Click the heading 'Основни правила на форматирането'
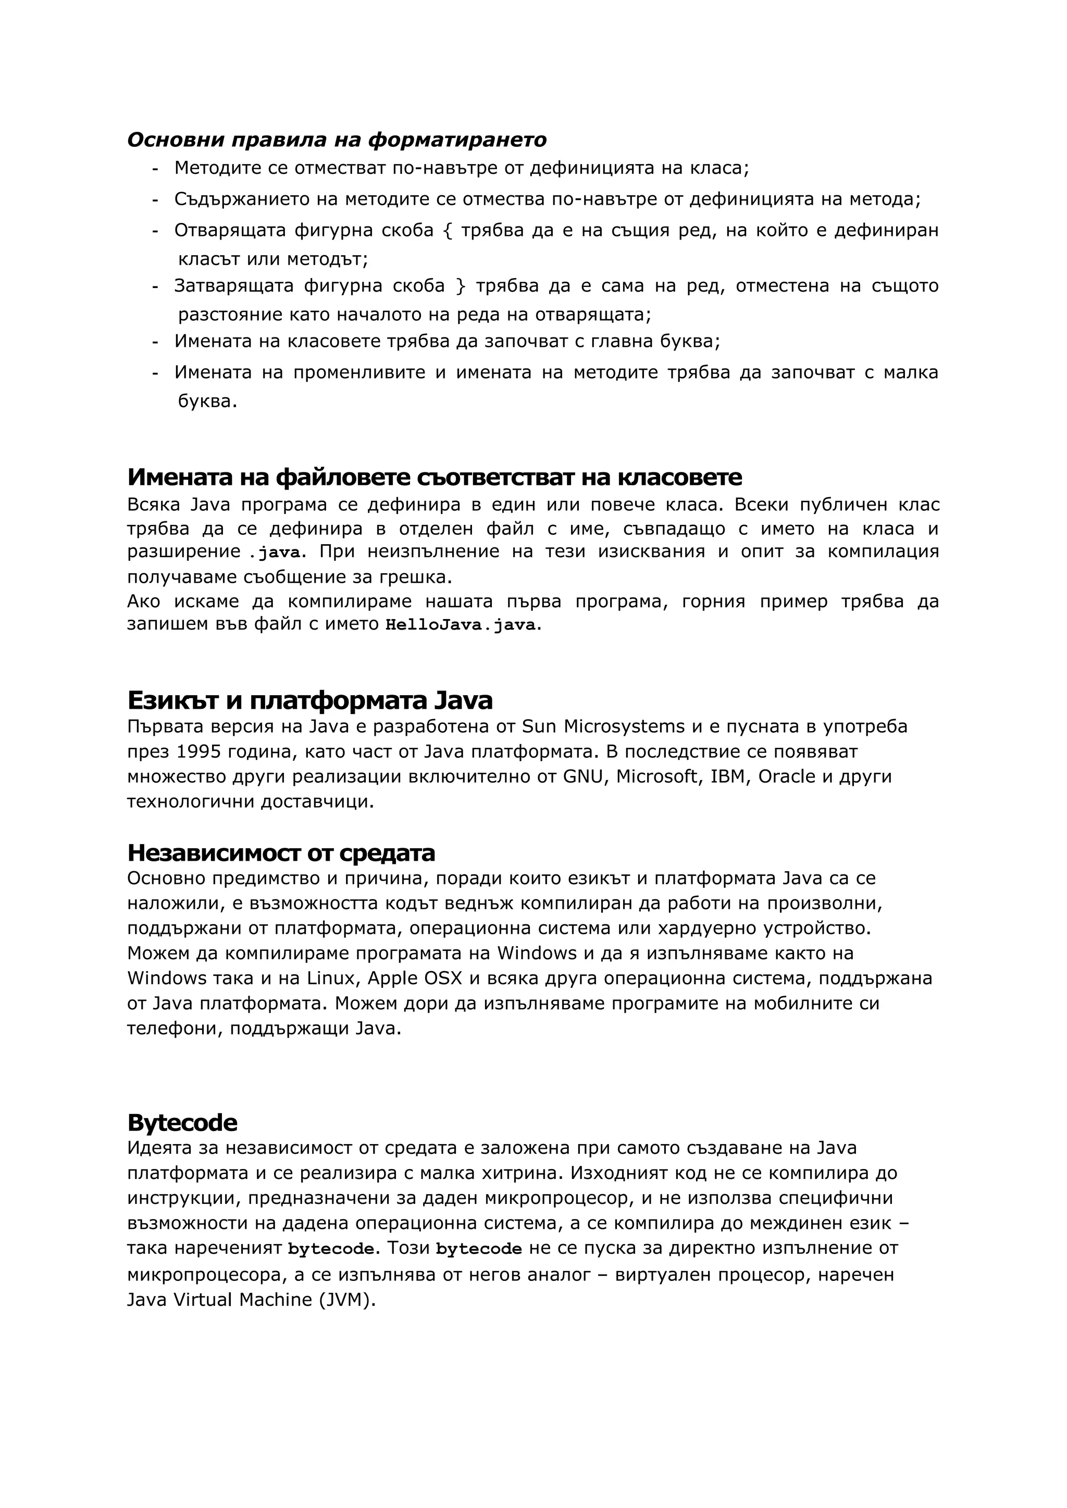click(x=337, y=140)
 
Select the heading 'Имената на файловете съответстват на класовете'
click(x=435, y=477)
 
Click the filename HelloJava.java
click(x=461, y=625)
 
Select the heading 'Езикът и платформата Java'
click(x=309, y=700)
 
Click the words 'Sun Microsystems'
click(x=603, y=726)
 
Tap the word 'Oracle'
click(x=787, y=776)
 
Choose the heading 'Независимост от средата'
click(x=281, y=852)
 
